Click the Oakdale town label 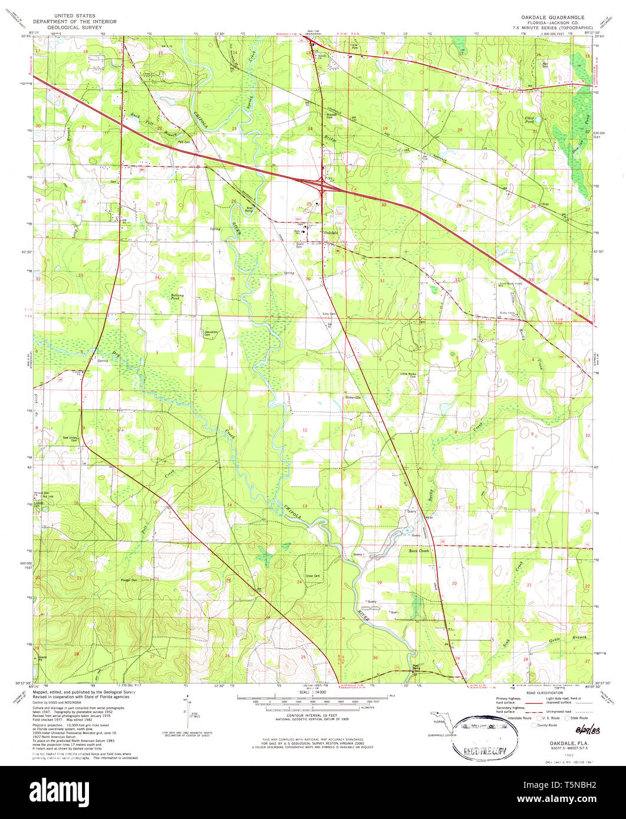point(332,233)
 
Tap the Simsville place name point(351,397)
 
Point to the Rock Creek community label point(419,550)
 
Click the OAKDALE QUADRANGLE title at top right point(543,18)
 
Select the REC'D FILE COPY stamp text point(485,752)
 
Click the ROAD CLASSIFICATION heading point(543,693)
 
